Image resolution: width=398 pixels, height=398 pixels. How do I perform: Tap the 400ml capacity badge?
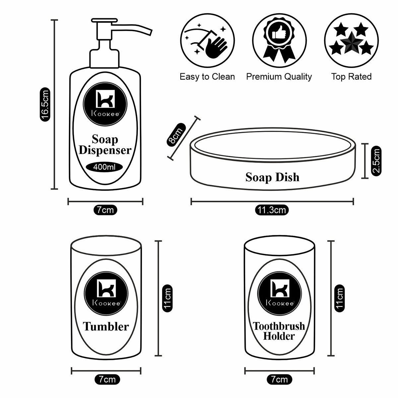pyautogui.click(x=104, y=167)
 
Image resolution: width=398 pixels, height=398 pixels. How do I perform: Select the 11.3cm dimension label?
pyautogui.click(x=272, y=210)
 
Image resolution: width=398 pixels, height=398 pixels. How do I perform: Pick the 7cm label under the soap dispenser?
pyautogui.click(x=105, y=210)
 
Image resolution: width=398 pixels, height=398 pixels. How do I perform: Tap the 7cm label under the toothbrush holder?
pyautogui.click(x=280, y=379)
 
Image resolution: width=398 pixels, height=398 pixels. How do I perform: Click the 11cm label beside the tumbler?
pyautogui.click(x=167, y=298)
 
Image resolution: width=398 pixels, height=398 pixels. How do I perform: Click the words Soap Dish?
pyautogui.click(x=272, y=177)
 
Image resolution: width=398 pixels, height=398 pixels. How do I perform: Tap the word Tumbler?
pyautogui.click(x=106, y=326)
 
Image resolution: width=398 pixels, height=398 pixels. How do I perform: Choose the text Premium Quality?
pyautogui.click(x=279, y=77)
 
